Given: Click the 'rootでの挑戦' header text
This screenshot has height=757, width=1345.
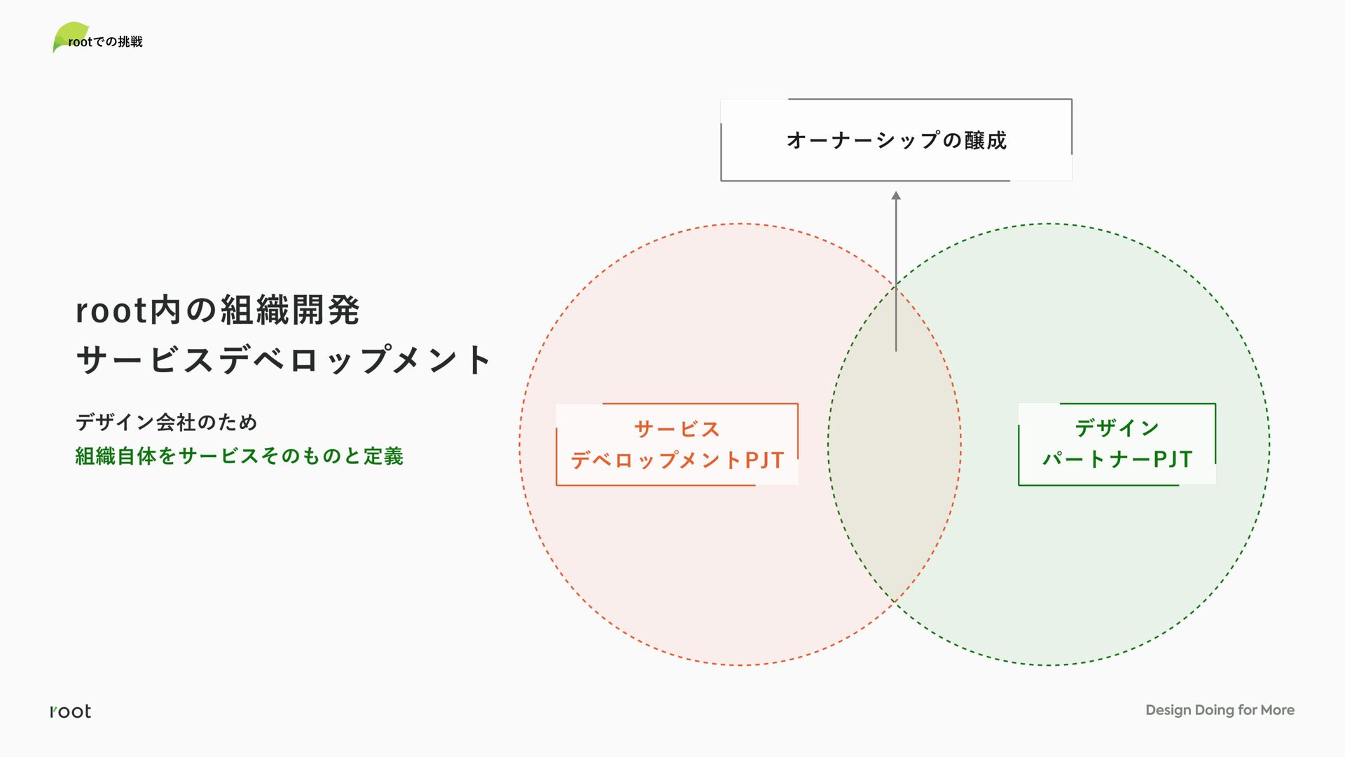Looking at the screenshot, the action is (x=105, y=42).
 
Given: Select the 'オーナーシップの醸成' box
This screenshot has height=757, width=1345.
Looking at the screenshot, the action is (x=896, y=140).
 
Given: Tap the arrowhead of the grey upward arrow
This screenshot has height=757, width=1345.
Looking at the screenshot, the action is (x=896, y=196).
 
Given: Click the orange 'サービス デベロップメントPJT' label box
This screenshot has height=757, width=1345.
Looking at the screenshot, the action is (x=677, y=444).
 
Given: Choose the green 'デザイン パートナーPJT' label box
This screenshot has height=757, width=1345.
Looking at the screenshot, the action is (x=1117, y=444).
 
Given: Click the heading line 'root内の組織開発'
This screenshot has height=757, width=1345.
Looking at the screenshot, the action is (x=218, y=311).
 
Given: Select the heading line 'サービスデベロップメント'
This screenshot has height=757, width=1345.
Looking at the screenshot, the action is (x=284, y=360).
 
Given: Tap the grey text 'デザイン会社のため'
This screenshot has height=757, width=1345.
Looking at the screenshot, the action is (x=167, y=422).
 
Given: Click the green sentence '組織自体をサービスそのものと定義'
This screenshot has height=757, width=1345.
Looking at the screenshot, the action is (x=239, y=456).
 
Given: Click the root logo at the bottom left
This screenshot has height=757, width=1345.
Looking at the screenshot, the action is (x=71, y=711).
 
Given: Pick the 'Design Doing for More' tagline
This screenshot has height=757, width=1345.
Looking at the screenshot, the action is (x=1220, y=710).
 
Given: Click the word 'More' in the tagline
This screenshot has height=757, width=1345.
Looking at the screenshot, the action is (x=1277, y=710).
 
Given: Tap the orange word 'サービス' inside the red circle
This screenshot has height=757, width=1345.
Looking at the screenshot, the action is (x=677, y=429).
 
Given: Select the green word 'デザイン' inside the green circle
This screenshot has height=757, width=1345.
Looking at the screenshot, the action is (x=1117, y=428).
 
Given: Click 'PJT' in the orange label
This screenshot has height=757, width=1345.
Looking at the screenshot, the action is (x=764, y=460).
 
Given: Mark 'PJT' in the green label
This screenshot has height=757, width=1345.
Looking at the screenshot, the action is (x=1173, y=459).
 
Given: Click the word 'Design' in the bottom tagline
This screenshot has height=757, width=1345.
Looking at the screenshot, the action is (x=1168, y=710).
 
